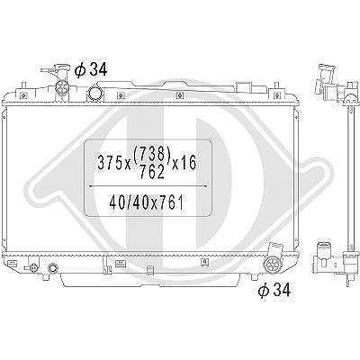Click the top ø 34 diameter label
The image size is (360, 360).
(x=91, y=70)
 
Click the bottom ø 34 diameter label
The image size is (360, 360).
(x=274, y=290)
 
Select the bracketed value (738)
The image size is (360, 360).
(x=152, y=155)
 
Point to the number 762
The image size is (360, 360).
(x=152, y=172)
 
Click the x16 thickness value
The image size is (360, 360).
(x=184, y=163)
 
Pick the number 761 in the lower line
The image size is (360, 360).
(x=171, y=202)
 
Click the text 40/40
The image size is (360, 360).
(x=130, y=202)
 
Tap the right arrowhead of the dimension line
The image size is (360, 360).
(x=205, y=186)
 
